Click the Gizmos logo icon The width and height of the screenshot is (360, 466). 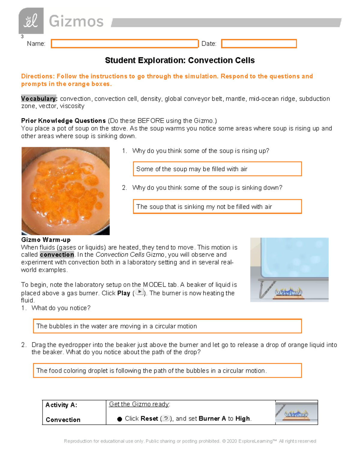click(x=31, y=21)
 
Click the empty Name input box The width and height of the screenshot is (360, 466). click(x=124, y=44)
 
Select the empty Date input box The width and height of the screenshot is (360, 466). click(x=259, y=44)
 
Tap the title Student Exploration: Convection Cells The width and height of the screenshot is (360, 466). click(x=180, y=60)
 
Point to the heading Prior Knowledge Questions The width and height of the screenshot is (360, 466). click(x=63, y=121)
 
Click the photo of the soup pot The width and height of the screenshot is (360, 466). click(x=65, y=191)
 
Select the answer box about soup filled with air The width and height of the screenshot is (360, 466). click(x=217, y=169)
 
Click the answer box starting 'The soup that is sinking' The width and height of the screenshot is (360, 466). click(x=217, y=206)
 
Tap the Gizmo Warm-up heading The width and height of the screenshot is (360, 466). click(x=46, y=240)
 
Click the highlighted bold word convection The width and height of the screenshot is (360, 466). click(x=57, y=255)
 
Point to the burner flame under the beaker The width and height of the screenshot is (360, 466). click(x=289, y=292)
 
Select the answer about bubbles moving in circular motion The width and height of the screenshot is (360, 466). click(x=167, y=326)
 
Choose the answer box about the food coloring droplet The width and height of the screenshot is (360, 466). click(x=167, y=371)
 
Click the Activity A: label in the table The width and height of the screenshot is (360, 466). click(x=61, y=405)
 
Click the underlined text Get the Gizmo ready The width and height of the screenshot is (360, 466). click(x=139, y=404)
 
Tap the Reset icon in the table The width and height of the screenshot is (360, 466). click(x=166, y=418)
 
